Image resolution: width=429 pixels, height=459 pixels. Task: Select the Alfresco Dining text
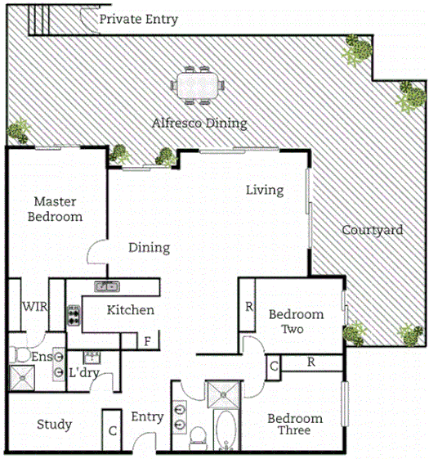point(199,124)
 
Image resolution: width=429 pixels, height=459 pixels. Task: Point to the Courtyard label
point(372,230)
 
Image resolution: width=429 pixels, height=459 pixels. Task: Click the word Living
point(265,190)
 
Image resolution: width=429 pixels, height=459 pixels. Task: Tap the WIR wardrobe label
point(34,307)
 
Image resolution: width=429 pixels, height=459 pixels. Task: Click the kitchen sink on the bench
point(106,286)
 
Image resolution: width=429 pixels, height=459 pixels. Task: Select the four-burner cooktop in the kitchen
point(73,315)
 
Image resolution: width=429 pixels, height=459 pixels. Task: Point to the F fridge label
point(148,341)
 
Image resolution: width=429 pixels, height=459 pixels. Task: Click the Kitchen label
point(130,310)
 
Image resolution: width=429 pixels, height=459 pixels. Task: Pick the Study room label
point(55,425)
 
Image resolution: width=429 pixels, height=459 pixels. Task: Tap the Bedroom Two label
point(296,321)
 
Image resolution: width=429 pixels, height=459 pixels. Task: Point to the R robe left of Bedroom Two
point(248,308)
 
